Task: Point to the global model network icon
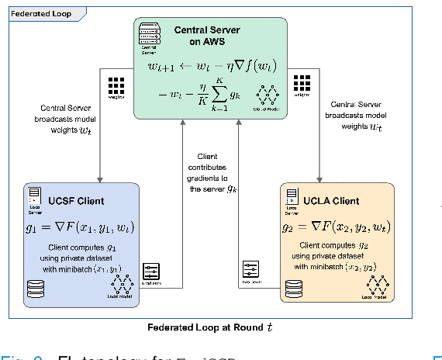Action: click(268, 95)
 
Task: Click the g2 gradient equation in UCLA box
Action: click(335, 228)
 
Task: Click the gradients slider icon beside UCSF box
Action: click(152, 272)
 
